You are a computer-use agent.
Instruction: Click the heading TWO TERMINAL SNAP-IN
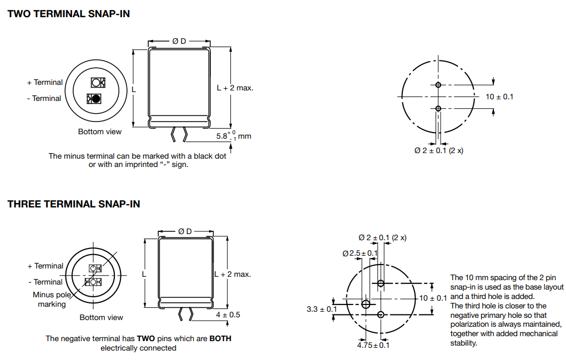(x=69, y=14)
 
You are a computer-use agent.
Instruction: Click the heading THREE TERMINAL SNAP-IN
(x=74, y=204)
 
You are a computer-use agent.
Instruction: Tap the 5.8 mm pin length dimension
(x=233, y=135)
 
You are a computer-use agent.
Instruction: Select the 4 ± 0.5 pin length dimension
(x=228, y=315)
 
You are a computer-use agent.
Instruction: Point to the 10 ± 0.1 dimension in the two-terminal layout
(x=499, y=97)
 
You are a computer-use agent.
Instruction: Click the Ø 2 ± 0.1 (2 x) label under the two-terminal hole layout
(x=438, y=151)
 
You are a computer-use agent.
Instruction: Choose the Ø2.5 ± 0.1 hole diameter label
(x=360, y=253)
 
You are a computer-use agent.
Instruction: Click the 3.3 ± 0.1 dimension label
(x=321, y=309)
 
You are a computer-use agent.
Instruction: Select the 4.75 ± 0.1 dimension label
(x=373, y=345)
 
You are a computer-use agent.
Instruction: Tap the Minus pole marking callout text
(x=52, y=300)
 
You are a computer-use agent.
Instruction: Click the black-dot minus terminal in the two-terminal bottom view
(x=96, y=99)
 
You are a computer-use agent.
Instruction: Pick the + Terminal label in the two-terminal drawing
(x=45, y=82)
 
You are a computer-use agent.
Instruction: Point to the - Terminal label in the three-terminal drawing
(x=45, y=282)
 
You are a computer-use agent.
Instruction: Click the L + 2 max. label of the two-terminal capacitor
(x=235, y=88)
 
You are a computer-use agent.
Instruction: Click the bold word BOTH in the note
(x=220, y=338)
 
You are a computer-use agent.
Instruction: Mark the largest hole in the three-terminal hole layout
(x=366, y=304)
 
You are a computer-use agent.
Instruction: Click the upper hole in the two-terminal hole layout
(x=438, y=85)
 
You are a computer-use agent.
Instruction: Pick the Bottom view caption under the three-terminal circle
(x=101, y=317)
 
